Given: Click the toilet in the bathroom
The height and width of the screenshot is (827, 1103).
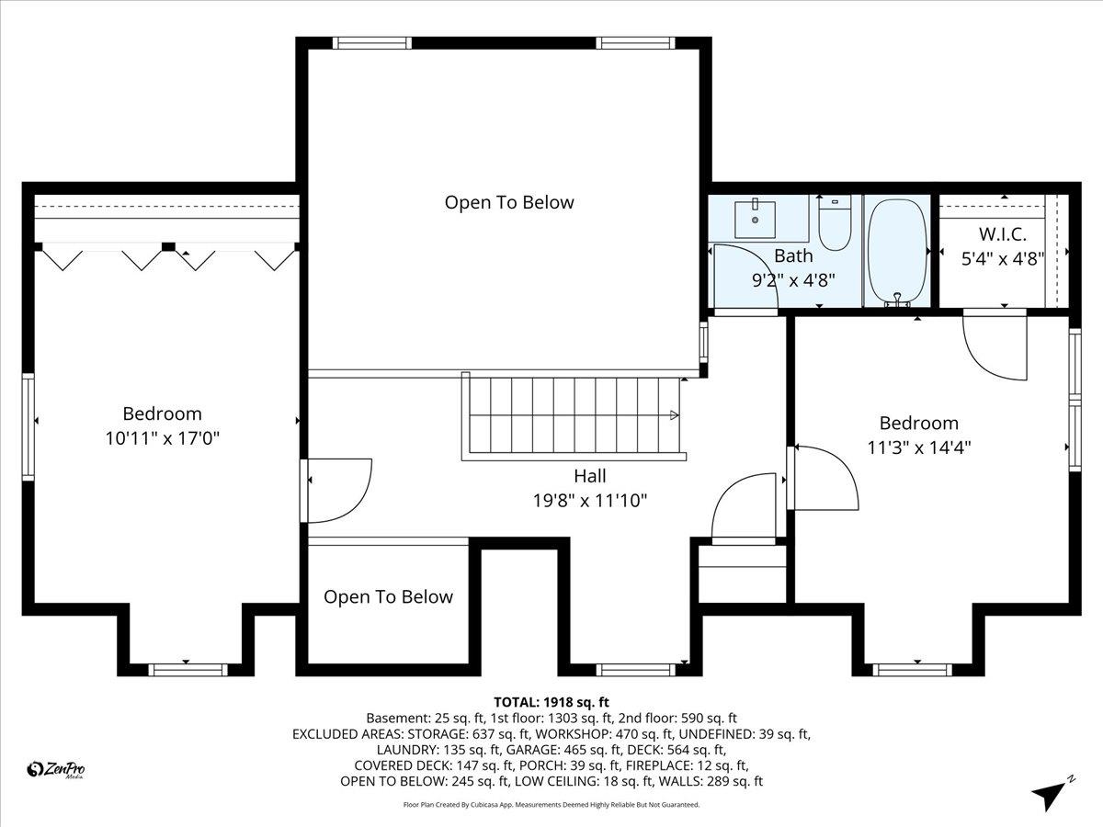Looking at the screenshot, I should coord(836,225).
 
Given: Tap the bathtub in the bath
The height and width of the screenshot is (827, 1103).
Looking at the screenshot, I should coord(895,250).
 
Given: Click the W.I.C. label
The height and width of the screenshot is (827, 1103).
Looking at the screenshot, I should coord(1002,234).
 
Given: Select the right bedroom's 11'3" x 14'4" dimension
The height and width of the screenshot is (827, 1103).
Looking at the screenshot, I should coord(918,447).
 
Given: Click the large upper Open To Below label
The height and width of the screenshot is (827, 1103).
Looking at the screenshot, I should coord(508,202).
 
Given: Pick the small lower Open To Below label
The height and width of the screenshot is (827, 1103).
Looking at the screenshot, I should coord(388,597).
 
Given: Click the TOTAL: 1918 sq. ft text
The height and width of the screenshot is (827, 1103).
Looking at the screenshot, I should coord(551,701).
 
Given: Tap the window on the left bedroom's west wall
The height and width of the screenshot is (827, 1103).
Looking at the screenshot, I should coord(28,426).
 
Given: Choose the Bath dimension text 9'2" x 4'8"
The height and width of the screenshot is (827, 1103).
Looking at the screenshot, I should coord(793,279).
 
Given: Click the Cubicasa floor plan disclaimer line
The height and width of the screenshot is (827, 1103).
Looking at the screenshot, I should coord(551,805).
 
